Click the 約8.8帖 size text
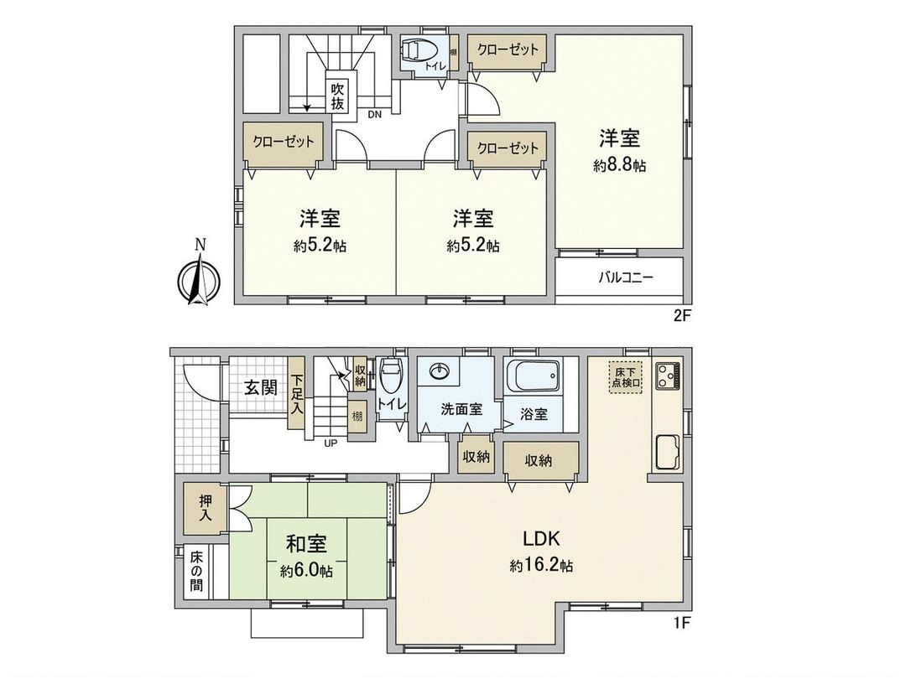pos(619,165)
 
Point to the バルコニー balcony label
pos(626,277)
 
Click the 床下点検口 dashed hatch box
pos(626,376)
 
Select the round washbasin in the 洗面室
pos(439,372)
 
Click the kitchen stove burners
pos(669,376)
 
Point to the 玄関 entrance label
pos(261,387)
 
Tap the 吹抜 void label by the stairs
pos(337,96)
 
